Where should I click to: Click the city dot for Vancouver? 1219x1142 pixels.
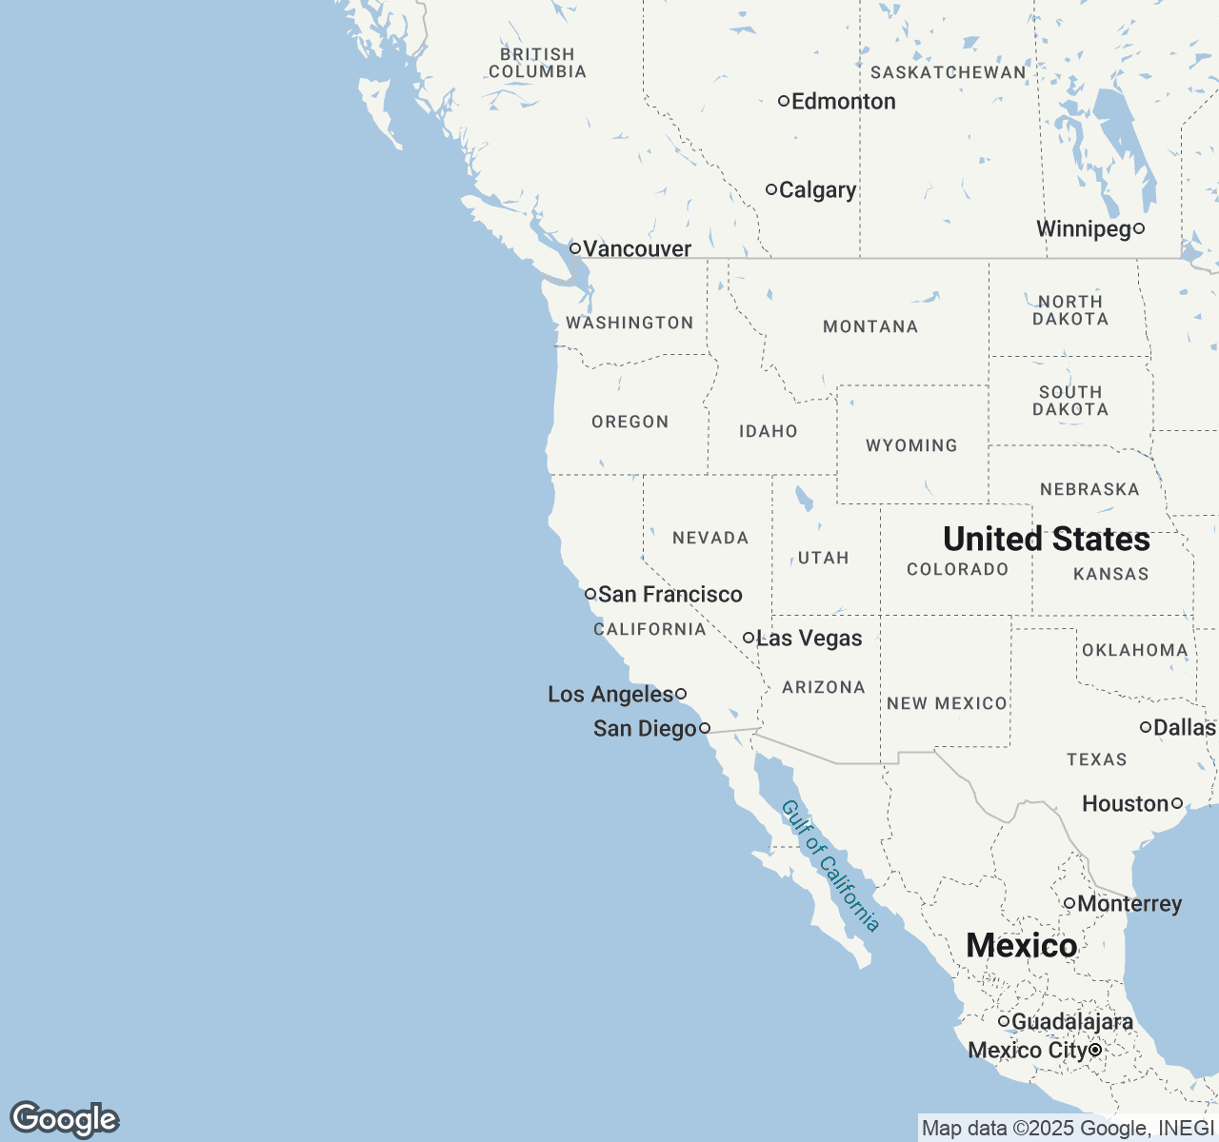tap(575, 248)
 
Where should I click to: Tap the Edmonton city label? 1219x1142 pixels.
tap(843, 102)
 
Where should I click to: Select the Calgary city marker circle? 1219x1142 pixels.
tap(771, 189)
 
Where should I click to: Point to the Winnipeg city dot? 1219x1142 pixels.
tap(1138, 228)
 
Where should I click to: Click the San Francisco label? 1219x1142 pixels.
tap(669, 595)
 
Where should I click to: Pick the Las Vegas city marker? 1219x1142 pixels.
tap(749, 638)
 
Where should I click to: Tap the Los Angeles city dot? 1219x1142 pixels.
tap(681, 694)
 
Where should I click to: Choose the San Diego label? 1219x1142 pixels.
tap(645, 729)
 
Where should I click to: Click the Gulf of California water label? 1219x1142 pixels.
tap(829, 865)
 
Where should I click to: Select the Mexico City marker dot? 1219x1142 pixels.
tap(1096, 1050)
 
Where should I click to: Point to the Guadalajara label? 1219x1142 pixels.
tap(1071, 1022)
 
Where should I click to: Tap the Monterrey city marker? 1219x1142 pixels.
tap(1069, 903)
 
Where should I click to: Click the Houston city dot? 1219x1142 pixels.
tap(1177, 803)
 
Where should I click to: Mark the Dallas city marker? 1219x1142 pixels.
tap(1146, 727)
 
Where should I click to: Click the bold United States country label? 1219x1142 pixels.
tap(1047, 540)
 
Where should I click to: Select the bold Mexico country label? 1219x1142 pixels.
tap(1021, 945)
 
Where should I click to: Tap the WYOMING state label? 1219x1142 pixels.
tap(911, 445)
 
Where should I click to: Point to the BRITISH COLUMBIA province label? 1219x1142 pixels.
tap(537, 63)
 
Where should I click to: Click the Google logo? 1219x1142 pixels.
tap(64, 1119)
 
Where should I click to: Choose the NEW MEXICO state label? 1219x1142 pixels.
tap(947, 703)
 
